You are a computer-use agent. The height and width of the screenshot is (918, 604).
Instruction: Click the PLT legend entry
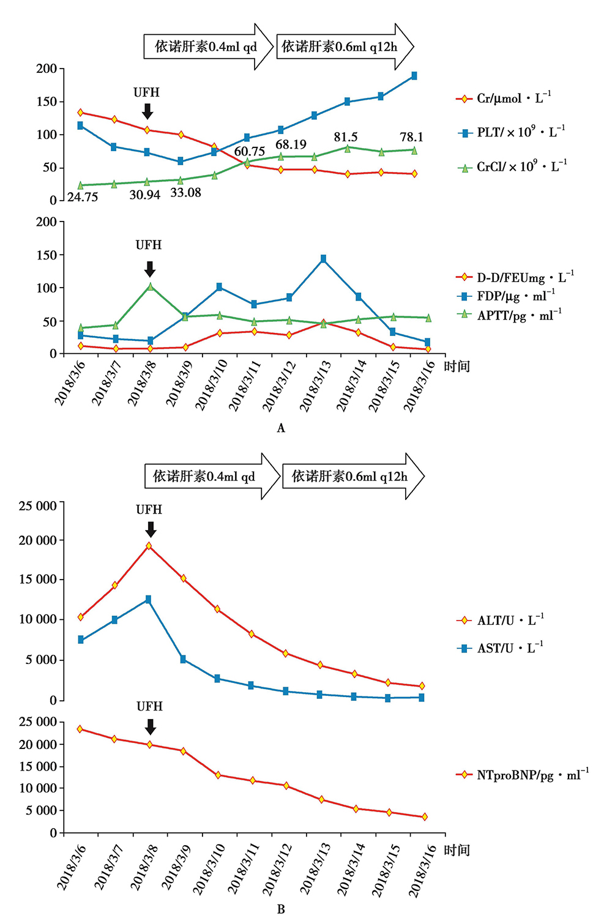tap(512, 132)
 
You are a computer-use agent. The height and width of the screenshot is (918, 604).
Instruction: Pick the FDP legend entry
tap(507, 296)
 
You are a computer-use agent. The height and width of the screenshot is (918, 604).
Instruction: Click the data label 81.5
tap(346, 137)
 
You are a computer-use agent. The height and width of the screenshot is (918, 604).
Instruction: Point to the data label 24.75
tap(83, 197)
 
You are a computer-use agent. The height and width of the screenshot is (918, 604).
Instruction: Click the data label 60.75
tap(250, 151)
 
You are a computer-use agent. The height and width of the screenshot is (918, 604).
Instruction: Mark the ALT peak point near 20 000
tap(149, 545)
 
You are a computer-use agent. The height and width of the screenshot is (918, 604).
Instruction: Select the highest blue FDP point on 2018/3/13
tap(323, 259)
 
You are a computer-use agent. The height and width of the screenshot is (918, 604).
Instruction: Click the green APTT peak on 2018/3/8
tap(150, 286)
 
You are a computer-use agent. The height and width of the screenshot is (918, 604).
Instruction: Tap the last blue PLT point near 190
tap(414, 76)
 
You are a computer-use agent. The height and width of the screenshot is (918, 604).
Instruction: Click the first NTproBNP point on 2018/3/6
tap(80, 729)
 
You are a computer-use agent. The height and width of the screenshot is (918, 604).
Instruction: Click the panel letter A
tap(281, 428)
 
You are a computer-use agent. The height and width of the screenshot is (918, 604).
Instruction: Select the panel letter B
tap(281, 909)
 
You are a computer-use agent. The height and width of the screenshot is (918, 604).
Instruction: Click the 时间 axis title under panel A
tap(457, 367)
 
